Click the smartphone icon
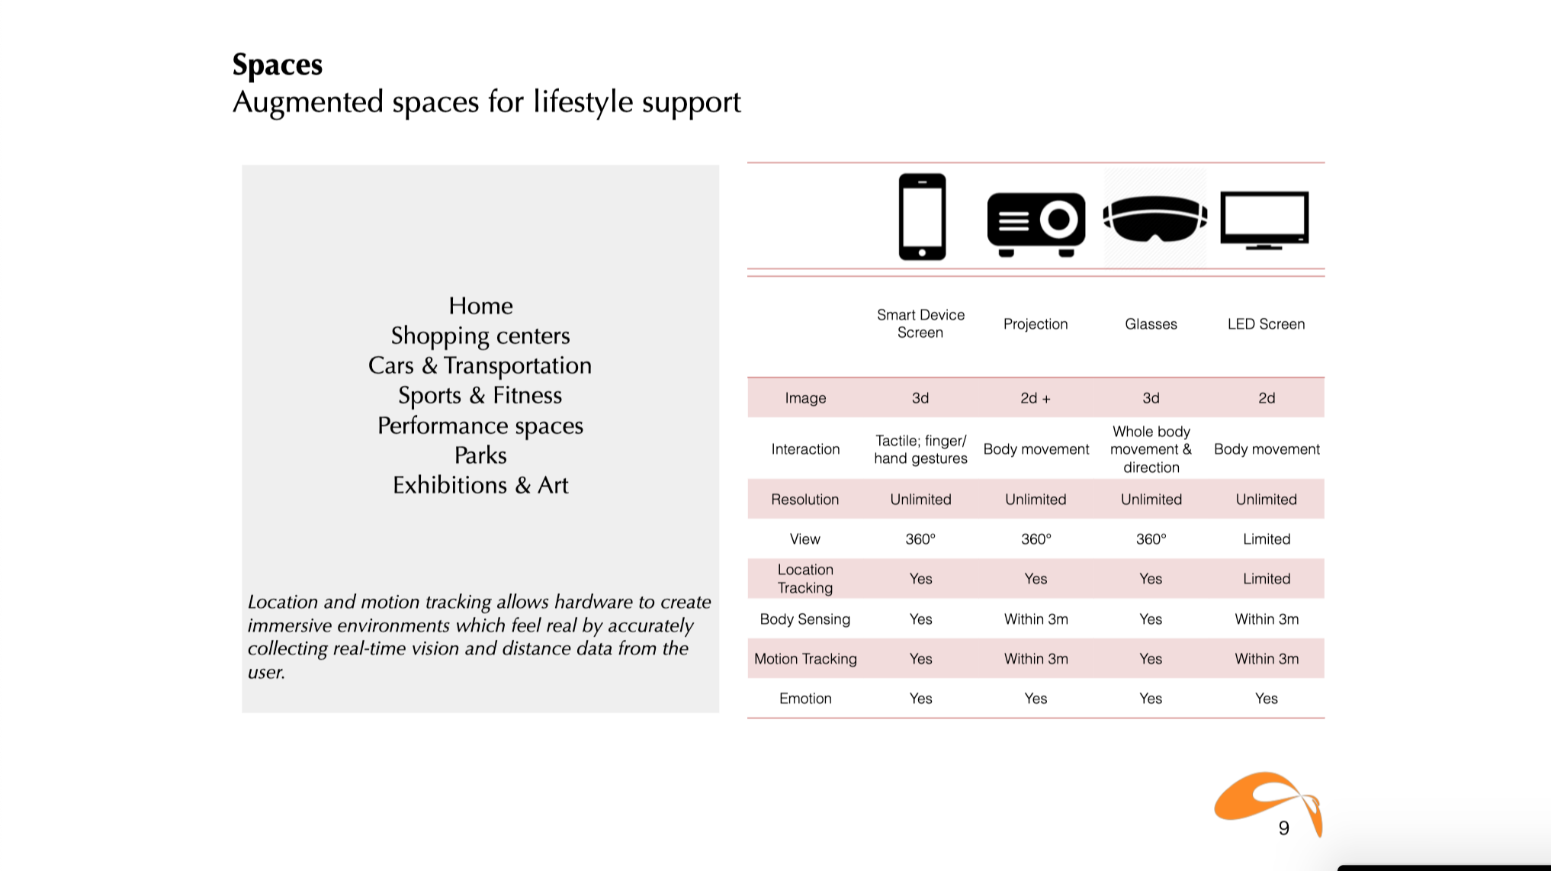[x=922, y=217]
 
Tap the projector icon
[x=1036, y=223]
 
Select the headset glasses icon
[x=1154, y=219]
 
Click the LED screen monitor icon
[x=1265, y=220]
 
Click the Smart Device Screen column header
[x=920, y=323]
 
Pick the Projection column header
[x=1036, y=324]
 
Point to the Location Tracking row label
[x=805, y=579]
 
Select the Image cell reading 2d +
[x=1036, y=398]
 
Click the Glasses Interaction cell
[x=1151, y=449]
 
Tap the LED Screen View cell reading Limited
[x=1267, y=539]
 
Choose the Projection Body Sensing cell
[x=1036, y=619]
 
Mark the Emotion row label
[x=805, y=699]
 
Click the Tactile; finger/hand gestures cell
[x=920, y=449]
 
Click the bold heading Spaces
[x=278, y=65]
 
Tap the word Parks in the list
[x=480, y=455]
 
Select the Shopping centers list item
[x=480, y=336]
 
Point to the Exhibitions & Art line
[x=480, y=485]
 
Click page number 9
[x=1284, y=828]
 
